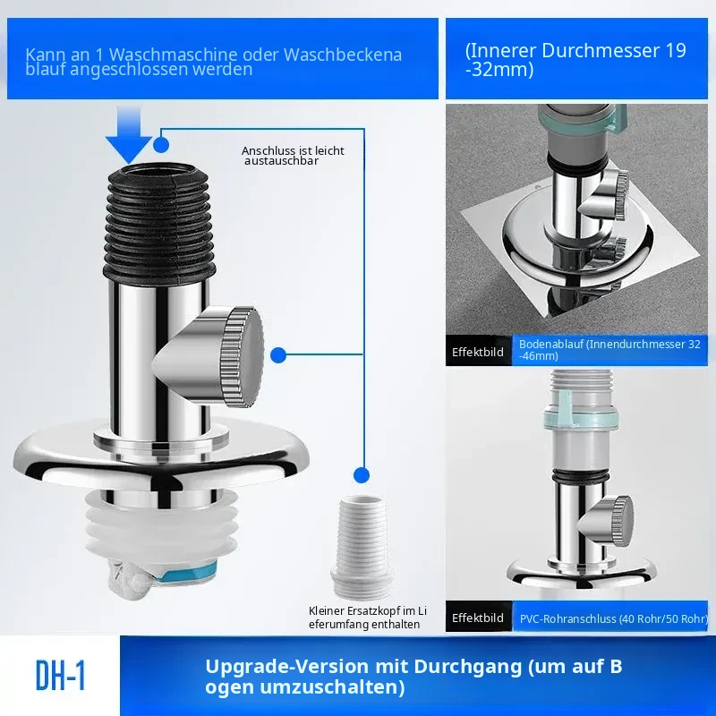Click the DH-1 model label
point(60,676)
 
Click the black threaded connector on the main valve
point(160,220)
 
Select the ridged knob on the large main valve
point(242,357)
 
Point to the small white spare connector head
point(362,547)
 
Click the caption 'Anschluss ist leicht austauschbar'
point(293,156)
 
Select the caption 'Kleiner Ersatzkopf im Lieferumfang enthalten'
point(368,618)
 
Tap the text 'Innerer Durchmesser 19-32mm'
point(575,60)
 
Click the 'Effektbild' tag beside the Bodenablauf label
point(478,352)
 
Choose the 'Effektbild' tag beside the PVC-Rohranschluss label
point(478,618)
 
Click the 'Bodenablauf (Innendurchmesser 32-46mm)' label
point(609,350)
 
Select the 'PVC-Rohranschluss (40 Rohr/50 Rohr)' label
point(614,618)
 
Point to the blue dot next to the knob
point(278,355)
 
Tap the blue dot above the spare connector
point(362,475)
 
